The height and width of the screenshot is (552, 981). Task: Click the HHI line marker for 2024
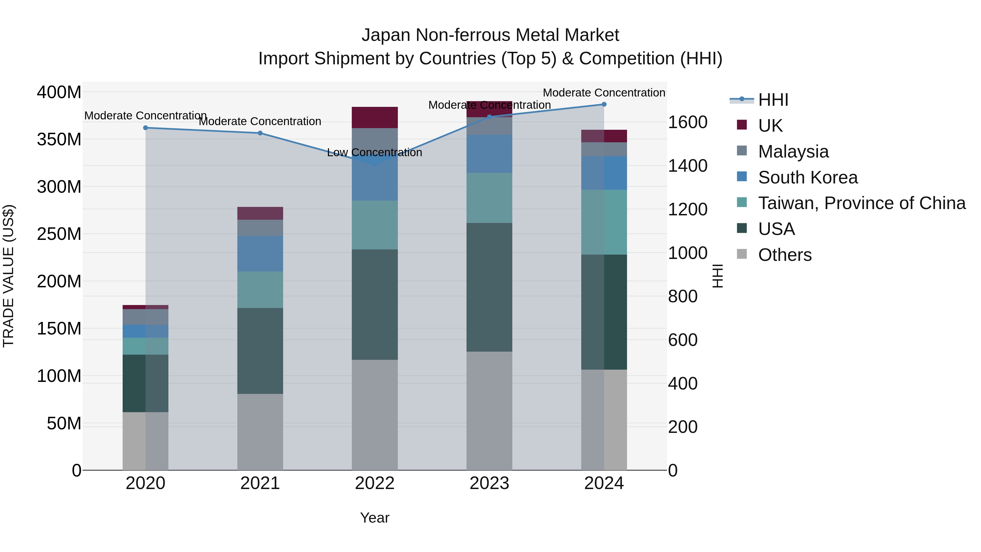coord(604,104)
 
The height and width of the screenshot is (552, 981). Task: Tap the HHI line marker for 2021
coord(260,133)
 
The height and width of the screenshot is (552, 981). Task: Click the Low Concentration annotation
coord(374,153)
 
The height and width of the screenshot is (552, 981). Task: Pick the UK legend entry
coord(770,126)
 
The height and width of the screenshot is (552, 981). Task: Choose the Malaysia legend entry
coord(793,152)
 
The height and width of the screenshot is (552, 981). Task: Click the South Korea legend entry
coord(808,177)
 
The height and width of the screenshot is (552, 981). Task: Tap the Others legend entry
coord(785,255)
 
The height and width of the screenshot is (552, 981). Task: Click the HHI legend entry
coord(773,100)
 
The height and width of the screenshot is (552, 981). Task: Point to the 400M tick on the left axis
coord(59,92)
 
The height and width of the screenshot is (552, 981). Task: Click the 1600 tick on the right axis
coord(688,122)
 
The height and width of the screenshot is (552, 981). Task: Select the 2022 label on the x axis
coord(374,483)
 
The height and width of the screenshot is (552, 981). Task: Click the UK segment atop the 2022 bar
coord(374,117)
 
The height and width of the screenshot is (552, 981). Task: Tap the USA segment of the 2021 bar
coord(260,351)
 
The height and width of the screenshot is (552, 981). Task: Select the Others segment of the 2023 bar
coord(489,411)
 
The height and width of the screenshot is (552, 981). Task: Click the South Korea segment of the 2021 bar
coord(260,253)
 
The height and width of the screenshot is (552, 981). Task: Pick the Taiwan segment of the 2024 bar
coord(604,222)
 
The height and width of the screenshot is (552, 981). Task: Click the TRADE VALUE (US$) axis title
coord(8,276)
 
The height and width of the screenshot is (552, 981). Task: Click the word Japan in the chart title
coord(386,35)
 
